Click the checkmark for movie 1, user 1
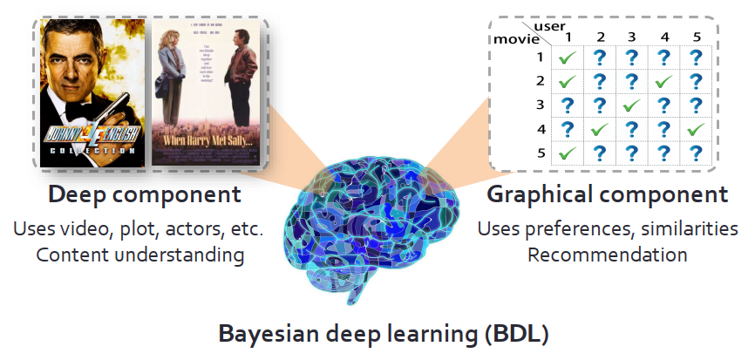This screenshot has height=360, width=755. pyautogui.click(x=568, y=58)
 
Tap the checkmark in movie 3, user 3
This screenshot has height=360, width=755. pyautogui.click(x=631, y=105)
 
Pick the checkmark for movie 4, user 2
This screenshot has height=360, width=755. pyautogui.click(x=600, y=129)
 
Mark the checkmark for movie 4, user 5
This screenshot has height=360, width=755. pyautogui.click(x=695, y=129)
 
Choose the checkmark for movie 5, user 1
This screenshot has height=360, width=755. pyautogui.click(x=568, y=153)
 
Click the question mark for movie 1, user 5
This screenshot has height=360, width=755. pyautogui.click(x=695, y=58)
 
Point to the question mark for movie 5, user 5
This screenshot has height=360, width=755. pyautogui.click(x=695, y=153)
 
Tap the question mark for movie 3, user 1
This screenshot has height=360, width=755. pyautogui.click(x=568, y=105)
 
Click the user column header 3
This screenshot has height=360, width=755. pyautogui.click(x=631, y=37)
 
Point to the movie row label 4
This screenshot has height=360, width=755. pyautogui.click(x=540, y=129)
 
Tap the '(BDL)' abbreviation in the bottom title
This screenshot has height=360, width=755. pyautogui.click(x=505, y=334)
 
